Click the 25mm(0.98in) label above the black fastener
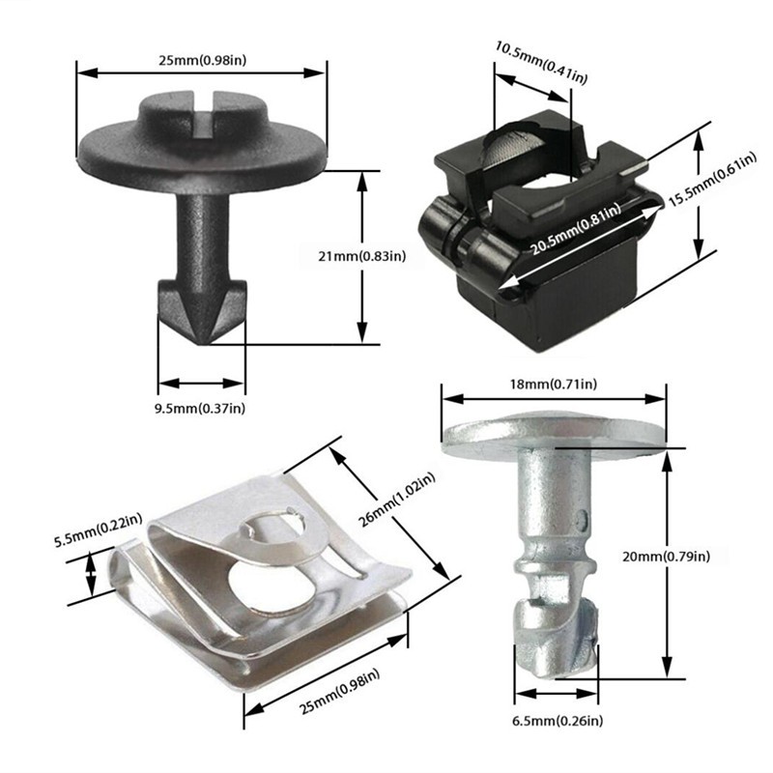(202, 60)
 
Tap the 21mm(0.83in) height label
(361, 256)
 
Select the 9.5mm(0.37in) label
(200, 408)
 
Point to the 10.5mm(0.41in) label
(541, 62)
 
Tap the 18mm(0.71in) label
(553, 384)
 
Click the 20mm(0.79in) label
(666, 557)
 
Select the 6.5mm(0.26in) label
(558, 721)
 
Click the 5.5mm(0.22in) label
(99, 530)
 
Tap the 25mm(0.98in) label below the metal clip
(340, 691)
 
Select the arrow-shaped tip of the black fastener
(202, 311)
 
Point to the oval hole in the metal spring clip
(272, 586)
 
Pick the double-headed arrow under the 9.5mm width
(202, 383)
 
